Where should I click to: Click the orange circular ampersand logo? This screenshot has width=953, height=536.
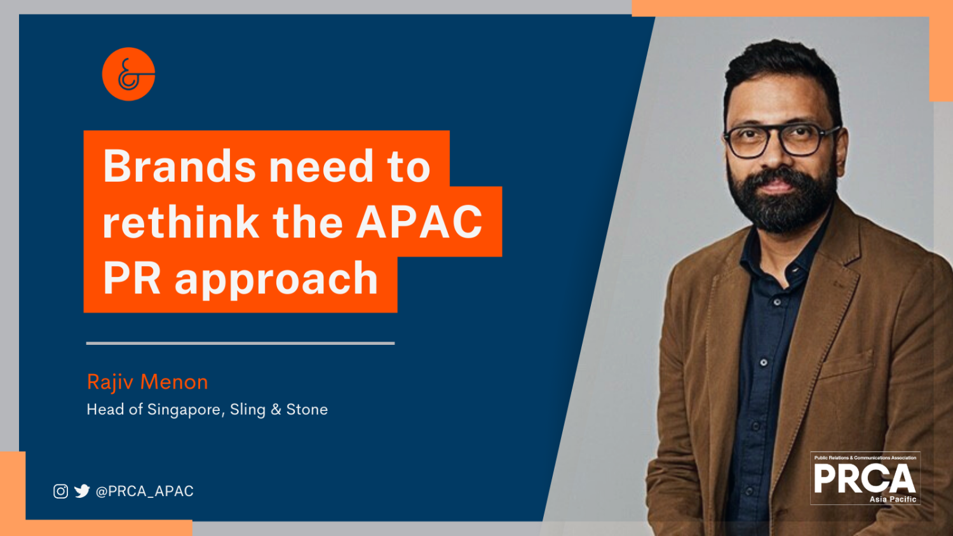[x=128, y=74]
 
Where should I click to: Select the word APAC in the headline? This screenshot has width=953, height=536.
[x=419, y=222]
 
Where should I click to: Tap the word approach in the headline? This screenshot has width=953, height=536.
[x=276, y=279]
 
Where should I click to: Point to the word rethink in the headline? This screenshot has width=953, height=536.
[x=181, y=222]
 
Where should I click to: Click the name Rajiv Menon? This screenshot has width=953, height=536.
[x=147, y=382]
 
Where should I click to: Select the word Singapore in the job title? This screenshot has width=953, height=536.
[x=184, y=410]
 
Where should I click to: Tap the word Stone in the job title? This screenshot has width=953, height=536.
[x=307, y=410]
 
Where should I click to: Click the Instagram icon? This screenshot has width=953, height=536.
[x=60, y=491]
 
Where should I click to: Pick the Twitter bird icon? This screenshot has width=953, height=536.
[x=82, y=491]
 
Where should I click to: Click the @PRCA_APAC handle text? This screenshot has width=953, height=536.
[x=144, y=491]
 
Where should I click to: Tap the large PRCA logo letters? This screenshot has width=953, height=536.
[x=864, y=479]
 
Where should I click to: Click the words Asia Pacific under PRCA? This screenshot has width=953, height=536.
[x=893, y=499]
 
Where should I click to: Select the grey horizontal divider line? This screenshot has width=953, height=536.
[x=240, y=343]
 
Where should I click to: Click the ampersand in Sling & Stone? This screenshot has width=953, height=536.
[x=276, y=410]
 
